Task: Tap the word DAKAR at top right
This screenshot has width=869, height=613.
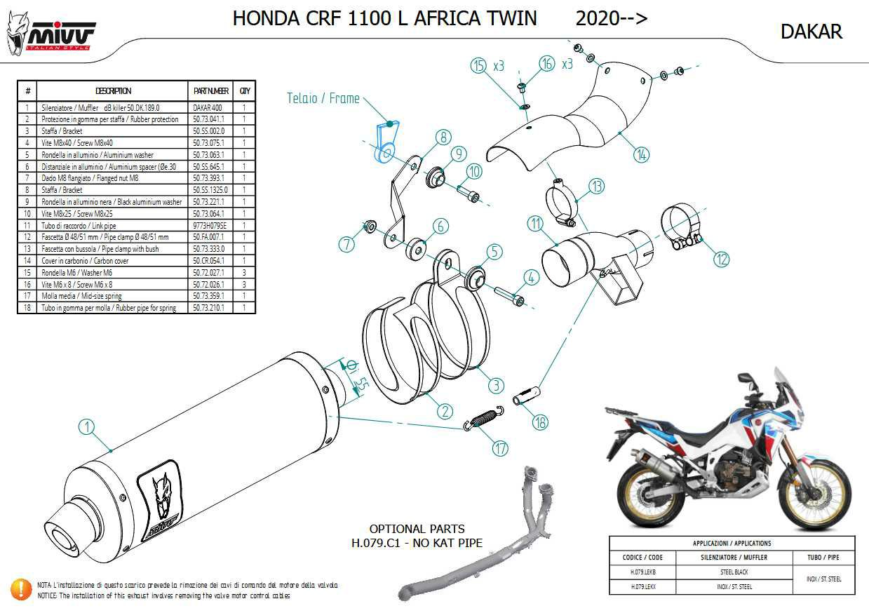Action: tap(811, 32)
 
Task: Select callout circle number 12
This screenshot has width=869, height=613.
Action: tap(721, 258)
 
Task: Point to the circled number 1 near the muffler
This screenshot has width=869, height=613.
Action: tap(86, 426)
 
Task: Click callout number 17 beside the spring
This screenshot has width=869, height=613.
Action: tap(499, 448)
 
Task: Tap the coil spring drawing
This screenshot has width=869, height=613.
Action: tap(483, 419)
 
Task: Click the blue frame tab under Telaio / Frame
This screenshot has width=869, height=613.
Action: tap(385, 143)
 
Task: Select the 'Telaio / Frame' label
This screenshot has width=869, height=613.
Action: tap(323, 99)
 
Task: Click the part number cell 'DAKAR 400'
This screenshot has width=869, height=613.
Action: tap(208, 108)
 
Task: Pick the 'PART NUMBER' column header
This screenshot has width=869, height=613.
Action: tap(210, 91)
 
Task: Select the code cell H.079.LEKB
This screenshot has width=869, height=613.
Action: tap(642, 572)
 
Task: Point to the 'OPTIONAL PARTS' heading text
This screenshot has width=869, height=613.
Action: tap(417, 529)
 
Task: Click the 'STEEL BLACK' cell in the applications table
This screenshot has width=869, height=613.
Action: tap(733, 572)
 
